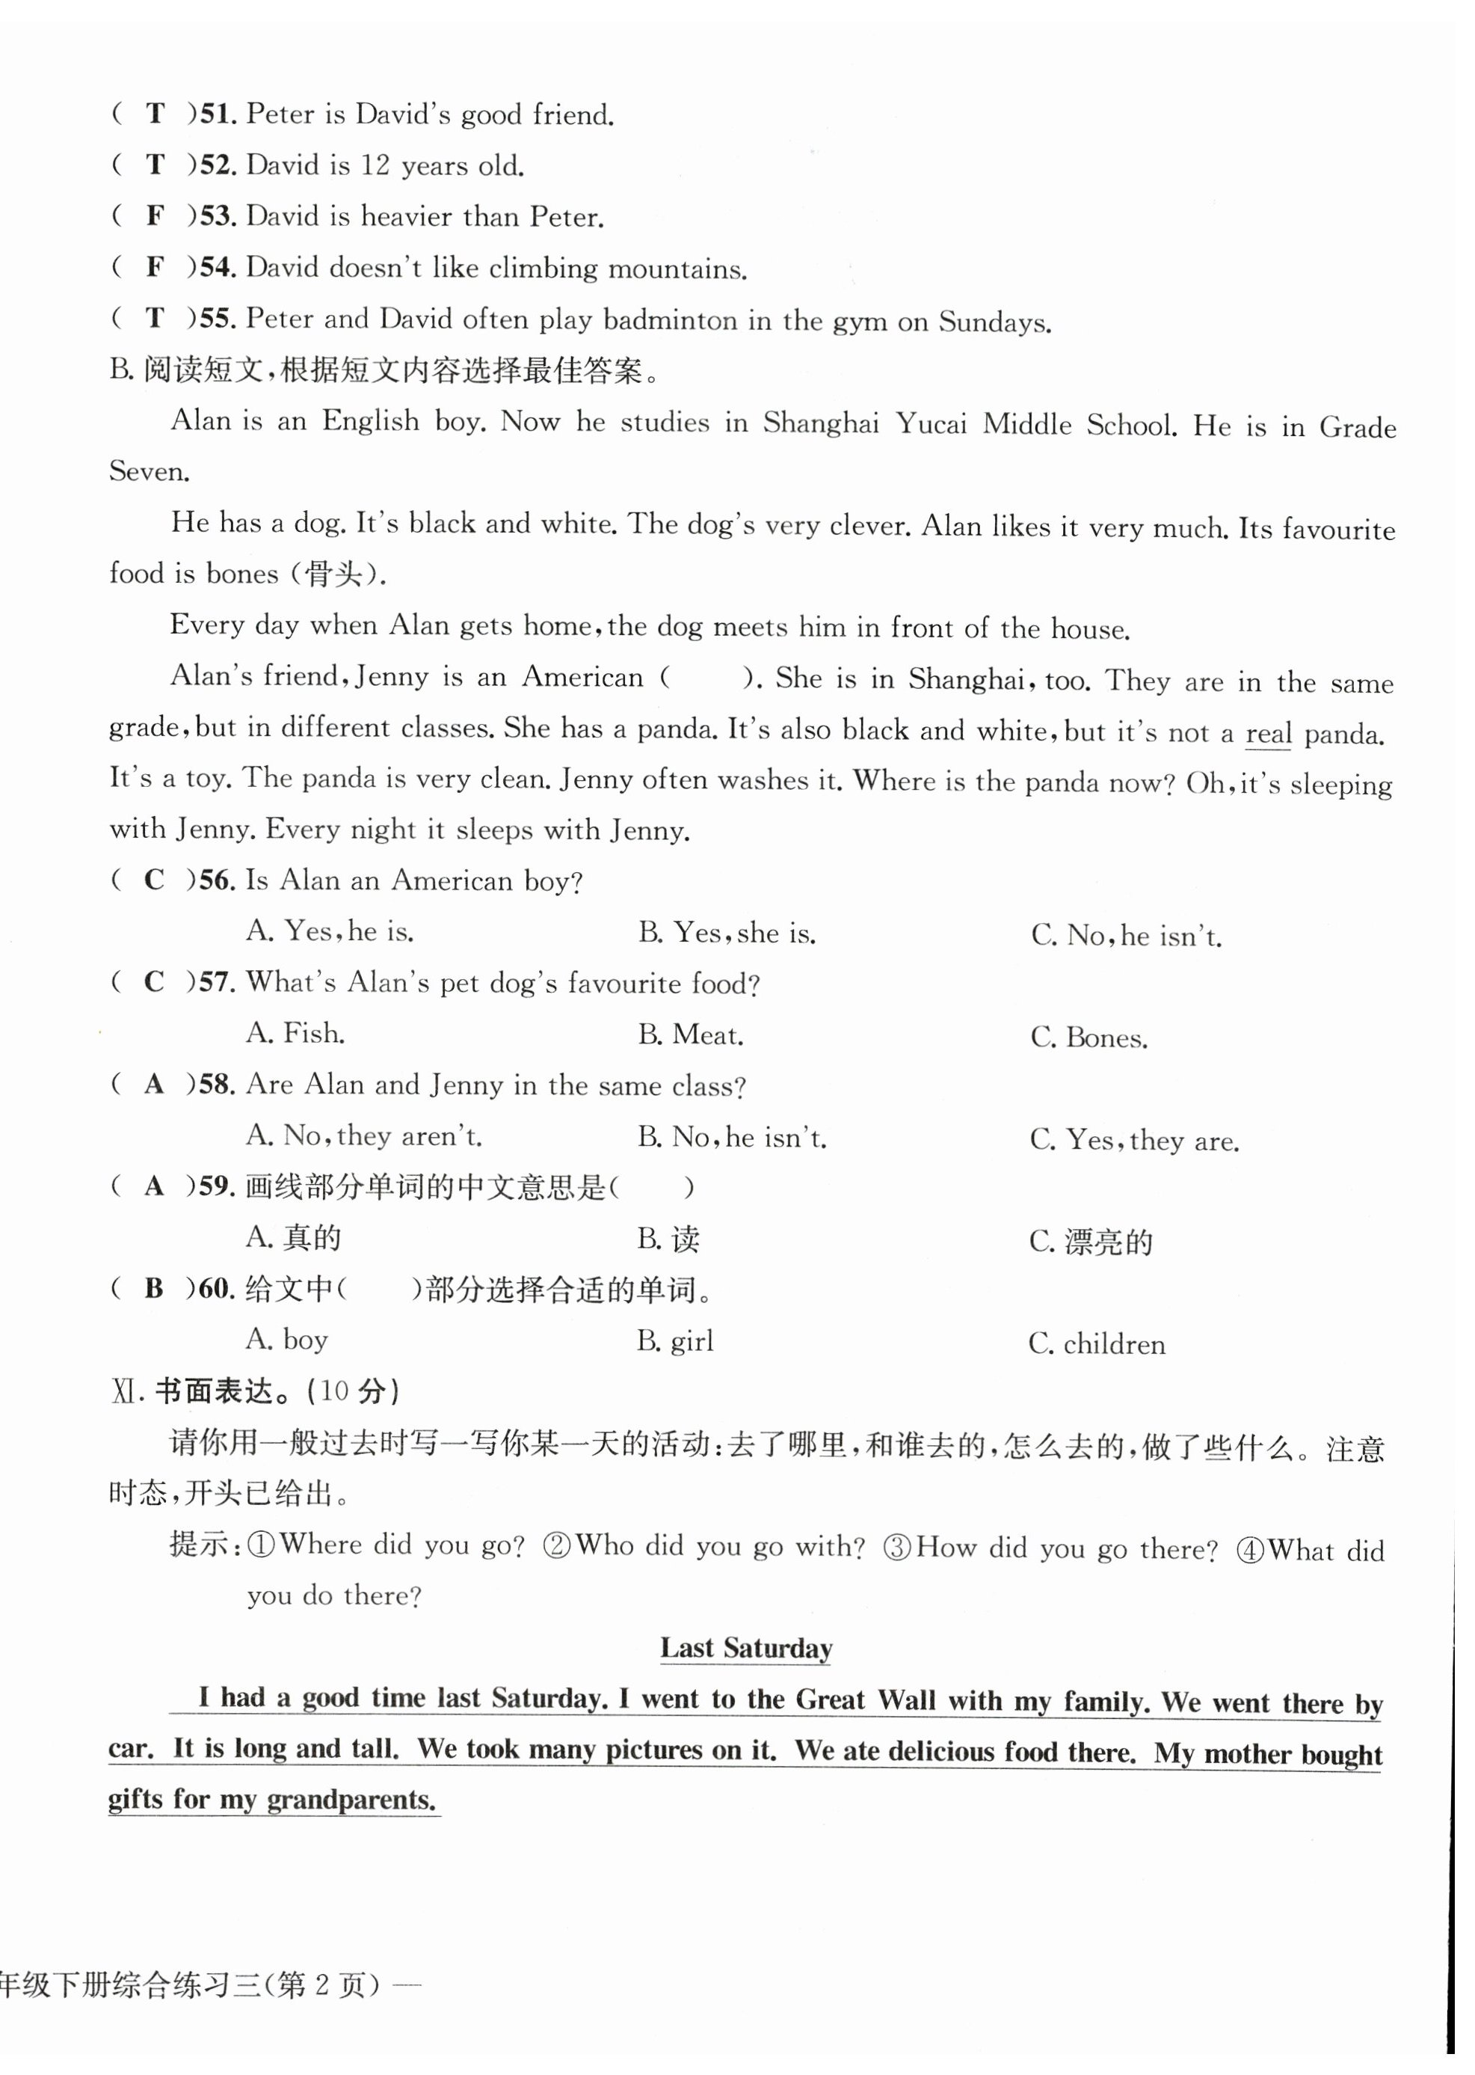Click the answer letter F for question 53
155,215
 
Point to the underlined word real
1268,733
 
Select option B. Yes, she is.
726,933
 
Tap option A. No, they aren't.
364,1135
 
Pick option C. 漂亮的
1091,1241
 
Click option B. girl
675,1341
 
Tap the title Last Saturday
745,1648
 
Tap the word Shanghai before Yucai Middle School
821,423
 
